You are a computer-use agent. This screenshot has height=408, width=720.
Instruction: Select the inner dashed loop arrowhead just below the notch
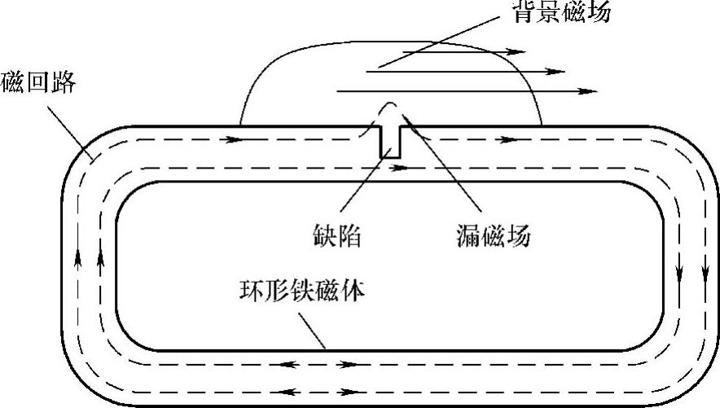click(399, 169)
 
